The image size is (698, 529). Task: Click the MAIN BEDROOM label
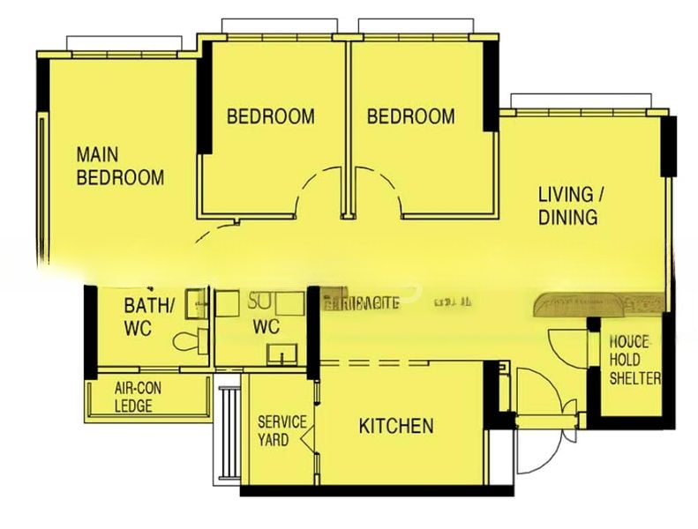tap(120, 166)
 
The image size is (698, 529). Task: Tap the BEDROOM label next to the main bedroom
tap(271, 116)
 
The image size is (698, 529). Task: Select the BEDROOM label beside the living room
tap(411, 116)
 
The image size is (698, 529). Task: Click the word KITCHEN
tap(396, 427)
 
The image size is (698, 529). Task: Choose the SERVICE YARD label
tap(281, 430)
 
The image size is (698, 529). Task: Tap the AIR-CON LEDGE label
tap(139, 397)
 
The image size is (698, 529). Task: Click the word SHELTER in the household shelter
tap(635, 378)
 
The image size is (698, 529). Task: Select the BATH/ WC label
tap(149, 317)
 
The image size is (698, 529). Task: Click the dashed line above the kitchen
tap(379, 361)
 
